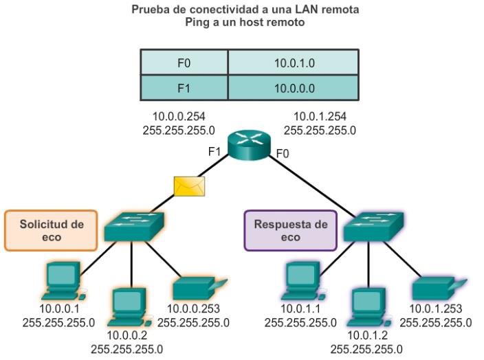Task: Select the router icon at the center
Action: [250, 142]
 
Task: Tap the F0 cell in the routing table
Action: [184, 63]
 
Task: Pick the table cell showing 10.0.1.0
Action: [294, 63]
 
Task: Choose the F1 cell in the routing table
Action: [184, 87]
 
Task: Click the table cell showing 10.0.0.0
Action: [294, 87]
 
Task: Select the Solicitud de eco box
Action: [51, 230]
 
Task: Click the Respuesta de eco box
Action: [291, 230]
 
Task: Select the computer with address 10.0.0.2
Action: [127, 306]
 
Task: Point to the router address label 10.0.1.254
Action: [319, 116]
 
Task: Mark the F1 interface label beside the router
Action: [214, 151]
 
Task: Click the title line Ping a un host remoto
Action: [242, 22]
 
